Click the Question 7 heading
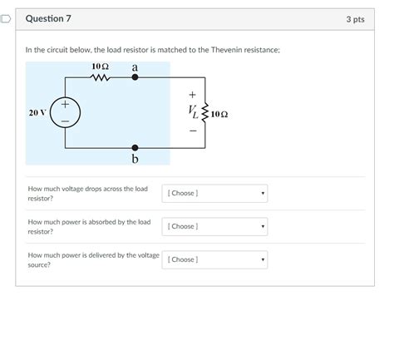pos(48,18)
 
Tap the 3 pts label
pos(355,19)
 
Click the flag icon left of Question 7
pos(5,19)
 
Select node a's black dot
pos(135,77)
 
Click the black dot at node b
pos(135,148)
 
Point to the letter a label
pos(135,67)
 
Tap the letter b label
pos(135,159)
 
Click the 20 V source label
pos(37,113)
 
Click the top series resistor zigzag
pos(100,78)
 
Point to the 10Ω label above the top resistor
pos(100,67)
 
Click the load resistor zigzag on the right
pos(205,112)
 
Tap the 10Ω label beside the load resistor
pos(219,114)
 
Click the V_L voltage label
pos(194,112)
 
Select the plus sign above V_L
pos(192,95)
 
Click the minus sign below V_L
pos(193,131)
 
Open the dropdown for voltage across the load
pos(214,193)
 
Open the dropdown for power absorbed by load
pos(214,226)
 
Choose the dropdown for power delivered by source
pos(214,259)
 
